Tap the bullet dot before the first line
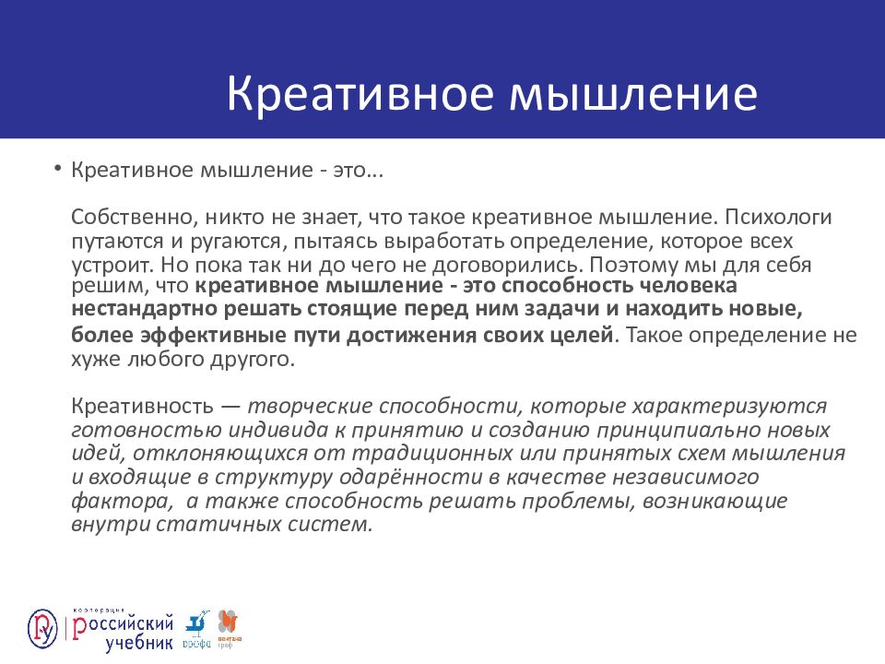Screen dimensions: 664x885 click(x=57, y=170)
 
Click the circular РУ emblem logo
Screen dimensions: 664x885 click(x=43, y=627)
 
